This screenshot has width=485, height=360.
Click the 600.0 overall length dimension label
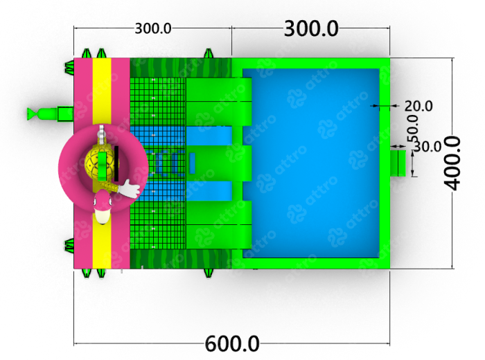point(232,343)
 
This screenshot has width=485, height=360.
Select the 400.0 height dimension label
point(452,163)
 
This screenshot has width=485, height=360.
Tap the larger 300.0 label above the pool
point(311,28)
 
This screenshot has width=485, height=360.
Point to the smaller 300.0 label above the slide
point(153,29)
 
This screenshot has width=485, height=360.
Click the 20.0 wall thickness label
point(418,106)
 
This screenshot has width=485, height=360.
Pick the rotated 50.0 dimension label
point(413,129)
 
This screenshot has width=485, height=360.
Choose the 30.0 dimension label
point(427,147)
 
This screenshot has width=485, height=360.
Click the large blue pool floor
point(311,163)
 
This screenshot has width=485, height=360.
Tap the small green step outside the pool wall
point(398,163)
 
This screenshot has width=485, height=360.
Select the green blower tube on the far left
point(50,114)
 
